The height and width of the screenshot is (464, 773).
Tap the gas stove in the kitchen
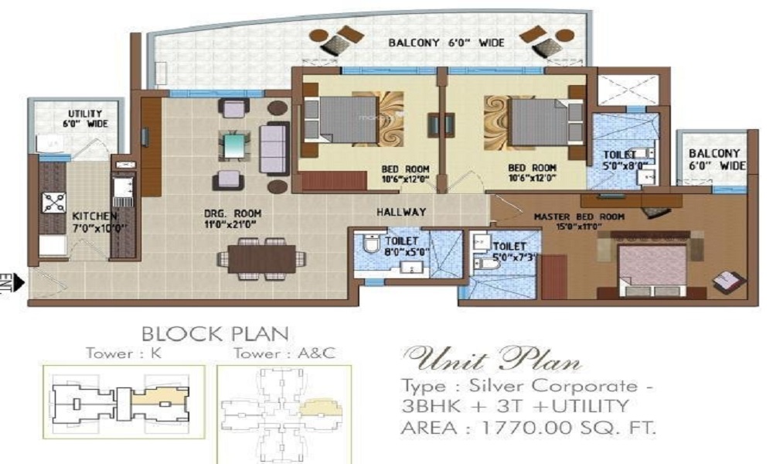tap(53, 202)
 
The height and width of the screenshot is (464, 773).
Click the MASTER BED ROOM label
tap(579, 217)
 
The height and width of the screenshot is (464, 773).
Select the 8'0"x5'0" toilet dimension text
tap(383, 251)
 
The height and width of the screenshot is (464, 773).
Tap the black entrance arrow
tap(18, 281)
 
